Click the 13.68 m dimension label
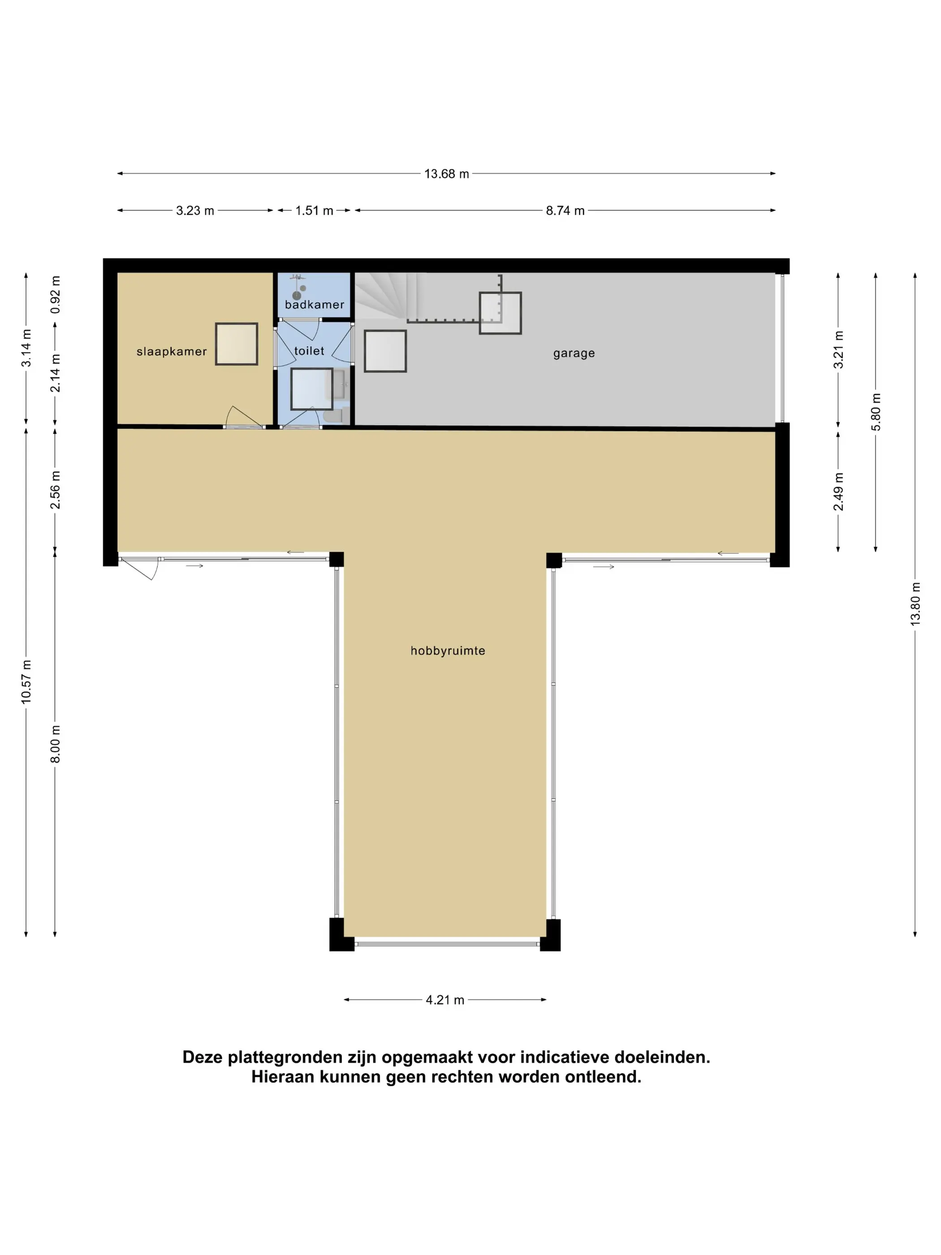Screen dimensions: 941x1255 coord(446,173)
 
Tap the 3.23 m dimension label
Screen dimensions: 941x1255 coord(195,211)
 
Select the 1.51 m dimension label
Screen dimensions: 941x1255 coord(314,211)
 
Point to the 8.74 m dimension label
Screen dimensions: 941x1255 coord(565,211)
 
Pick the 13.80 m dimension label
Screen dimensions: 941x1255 coord(915,604)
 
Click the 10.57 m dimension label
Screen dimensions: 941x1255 coord(26,682)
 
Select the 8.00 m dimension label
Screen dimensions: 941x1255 coord(55,744)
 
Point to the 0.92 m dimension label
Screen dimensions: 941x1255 coord(55,294)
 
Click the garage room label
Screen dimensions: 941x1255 coord(574,354)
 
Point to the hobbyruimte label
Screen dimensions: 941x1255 coord(448,651)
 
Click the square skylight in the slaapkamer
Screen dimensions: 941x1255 coord(237,344)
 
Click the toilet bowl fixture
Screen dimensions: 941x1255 coord(333,416)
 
